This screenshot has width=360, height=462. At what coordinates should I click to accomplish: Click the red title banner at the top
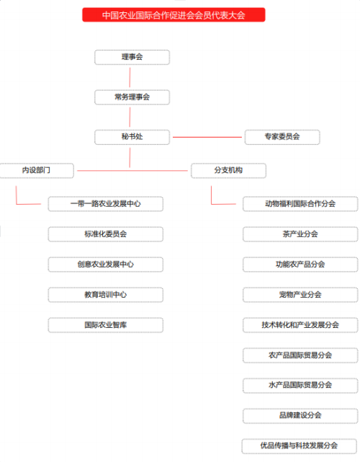174,14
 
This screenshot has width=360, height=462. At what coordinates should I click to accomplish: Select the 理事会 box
132,57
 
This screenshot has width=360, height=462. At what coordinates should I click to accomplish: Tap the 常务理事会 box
132,97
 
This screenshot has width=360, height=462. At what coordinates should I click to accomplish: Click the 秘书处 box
132,137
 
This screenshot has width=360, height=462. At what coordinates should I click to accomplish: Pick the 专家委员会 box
282,137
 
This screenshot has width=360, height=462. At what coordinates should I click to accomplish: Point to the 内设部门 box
37,171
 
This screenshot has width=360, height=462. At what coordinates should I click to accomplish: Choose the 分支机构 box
228,171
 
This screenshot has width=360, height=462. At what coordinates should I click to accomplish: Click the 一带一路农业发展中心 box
106,204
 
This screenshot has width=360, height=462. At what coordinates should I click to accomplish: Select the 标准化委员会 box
106,234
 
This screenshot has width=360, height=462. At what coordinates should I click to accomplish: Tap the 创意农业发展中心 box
106,265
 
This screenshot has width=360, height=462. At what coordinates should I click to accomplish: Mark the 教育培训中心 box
106,295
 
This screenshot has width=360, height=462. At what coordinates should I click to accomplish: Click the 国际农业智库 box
106,325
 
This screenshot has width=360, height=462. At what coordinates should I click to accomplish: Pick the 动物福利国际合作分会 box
300,204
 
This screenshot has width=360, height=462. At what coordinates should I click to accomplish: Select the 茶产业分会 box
300,234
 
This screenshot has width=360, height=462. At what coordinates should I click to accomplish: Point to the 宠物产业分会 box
300,295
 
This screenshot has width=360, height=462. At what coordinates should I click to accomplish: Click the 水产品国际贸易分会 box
300,386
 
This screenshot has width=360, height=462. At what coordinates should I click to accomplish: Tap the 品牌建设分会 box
300,416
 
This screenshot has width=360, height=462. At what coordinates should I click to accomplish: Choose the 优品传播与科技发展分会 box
299,446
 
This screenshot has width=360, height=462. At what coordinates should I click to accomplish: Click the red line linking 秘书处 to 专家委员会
207,137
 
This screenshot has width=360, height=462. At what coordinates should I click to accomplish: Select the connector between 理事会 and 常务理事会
130,78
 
